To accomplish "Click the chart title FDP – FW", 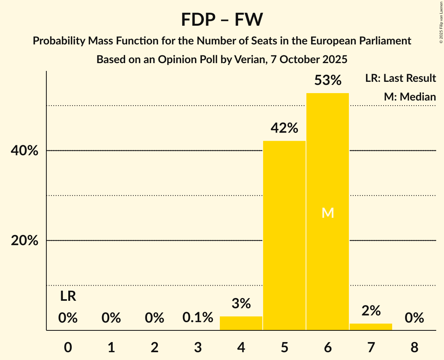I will (x=222, y=19).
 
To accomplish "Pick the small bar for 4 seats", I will (x=241, y=323).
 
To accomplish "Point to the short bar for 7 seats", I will (x=371, y=327).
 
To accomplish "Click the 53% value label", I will (x=327, y=81).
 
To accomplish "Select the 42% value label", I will (x=284, y=128).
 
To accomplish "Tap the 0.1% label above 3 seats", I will (x=198, y=318).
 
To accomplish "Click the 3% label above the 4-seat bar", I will (x=241, y=304).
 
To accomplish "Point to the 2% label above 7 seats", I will (x=371, y=311).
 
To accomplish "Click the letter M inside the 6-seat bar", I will (x=327, y=213).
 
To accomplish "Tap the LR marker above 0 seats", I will (x=68, y=296).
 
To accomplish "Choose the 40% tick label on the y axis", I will (x=25, y=151).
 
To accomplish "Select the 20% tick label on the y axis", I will (x=25, y=241).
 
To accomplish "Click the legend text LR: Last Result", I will (x=400, y=78).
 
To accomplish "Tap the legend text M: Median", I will (x=410, y=97).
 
